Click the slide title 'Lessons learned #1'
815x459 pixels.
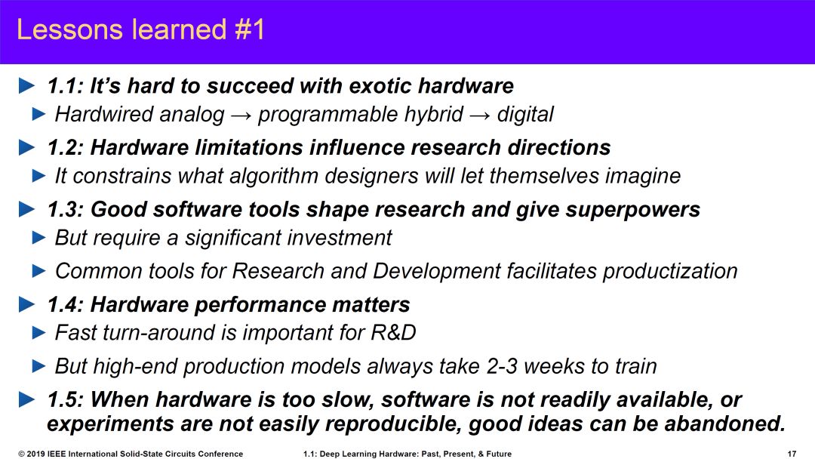pyautogui.click(x=141, y=29)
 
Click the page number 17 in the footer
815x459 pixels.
pyautogui.click(x=792, y=454)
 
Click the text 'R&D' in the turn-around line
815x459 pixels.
pyautogui.click(x=393, y=333)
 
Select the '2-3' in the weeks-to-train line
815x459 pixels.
pyautogui.click(x=502, y=366)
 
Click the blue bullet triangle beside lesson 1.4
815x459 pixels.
pyautogui.click(x=26, y=304)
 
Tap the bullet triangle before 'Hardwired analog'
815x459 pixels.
pyautogui.click(x=39, y=114)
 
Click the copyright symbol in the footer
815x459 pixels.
pyautogui.click(x=21, y=454)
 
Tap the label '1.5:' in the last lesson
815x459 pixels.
pyautogui.click(x=66, y=400)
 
